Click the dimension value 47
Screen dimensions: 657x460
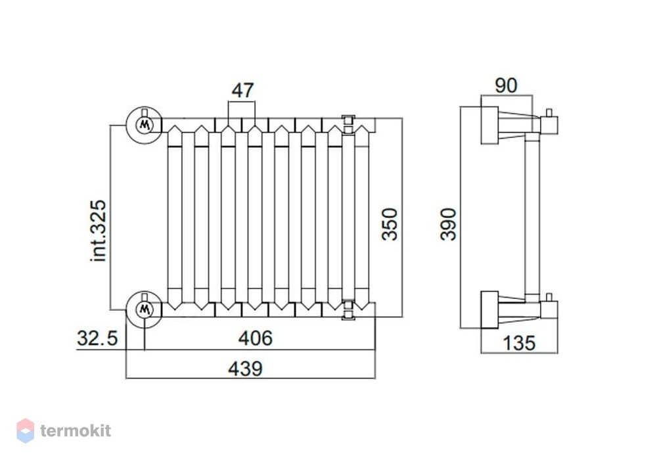pyautogui.click(x=243, y=90)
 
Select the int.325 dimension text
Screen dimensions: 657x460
pyautogui.click(x=99, y=231)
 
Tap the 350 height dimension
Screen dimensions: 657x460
pyautogui.click(x=390, y=224)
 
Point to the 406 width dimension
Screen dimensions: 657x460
pyautogui.click(x=255, y=338)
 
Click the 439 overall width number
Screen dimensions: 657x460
pyautogui.click(x=245, y=368)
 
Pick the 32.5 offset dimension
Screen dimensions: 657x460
pyautogui.click(x=98, y=338)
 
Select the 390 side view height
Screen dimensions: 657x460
pyautogui.click(x=448, y=224)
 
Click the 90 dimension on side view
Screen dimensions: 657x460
pyautogui.click(x=506, y=85)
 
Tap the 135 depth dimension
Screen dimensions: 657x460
pyautogui.click(x=519, y=343)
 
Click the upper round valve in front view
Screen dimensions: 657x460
pyautogui.click(x=145, y=125)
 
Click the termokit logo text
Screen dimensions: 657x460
pyautogui.click(x=76, y=430)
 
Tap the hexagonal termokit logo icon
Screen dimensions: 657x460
pyautogui.click(x=25, y=430)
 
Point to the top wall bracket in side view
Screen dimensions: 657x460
pyautogui.click(x=489, y=126)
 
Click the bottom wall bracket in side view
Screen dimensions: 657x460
pyautogui.click(x=489, y=310)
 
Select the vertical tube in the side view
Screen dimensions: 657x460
pyautogui.click(x=532, y=216)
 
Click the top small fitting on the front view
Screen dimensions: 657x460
pyautogui.click(x=348, y=124)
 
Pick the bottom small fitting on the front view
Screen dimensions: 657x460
pyautogui.click(x=348, y=310)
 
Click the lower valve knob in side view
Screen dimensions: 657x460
pyautogui.click(x=549, y=308)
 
